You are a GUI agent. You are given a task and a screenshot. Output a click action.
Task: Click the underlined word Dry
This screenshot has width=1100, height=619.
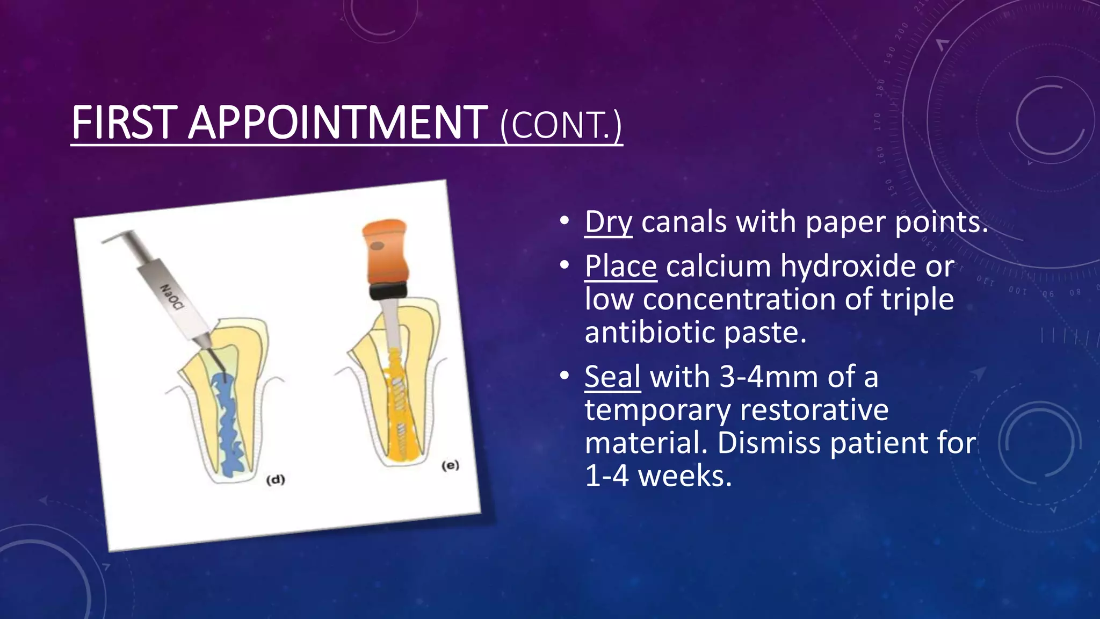(x=609, y=222)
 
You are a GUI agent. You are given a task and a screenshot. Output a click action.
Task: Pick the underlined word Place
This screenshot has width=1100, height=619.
(x=621, y=267)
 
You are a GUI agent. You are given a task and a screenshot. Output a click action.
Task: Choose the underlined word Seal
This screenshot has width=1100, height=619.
(x=612, y=377)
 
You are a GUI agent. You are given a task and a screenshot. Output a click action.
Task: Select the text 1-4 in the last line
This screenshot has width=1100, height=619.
(x=606, y=476)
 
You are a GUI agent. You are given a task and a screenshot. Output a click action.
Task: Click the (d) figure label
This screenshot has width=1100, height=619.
(x=276, y=480)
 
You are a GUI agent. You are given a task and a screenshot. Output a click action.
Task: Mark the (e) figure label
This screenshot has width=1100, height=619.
(x=450, y=465)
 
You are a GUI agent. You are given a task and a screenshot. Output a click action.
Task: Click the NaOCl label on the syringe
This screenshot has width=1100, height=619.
(x=172, y=296)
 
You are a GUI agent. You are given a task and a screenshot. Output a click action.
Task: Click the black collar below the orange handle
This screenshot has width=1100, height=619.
(x=387, y=291)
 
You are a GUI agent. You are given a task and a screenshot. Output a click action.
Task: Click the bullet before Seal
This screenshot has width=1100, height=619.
(x=563, y=376)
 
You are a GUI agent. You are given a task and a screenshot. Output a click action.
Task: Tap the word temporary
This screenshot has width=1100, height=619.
(x=657, y=410)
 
